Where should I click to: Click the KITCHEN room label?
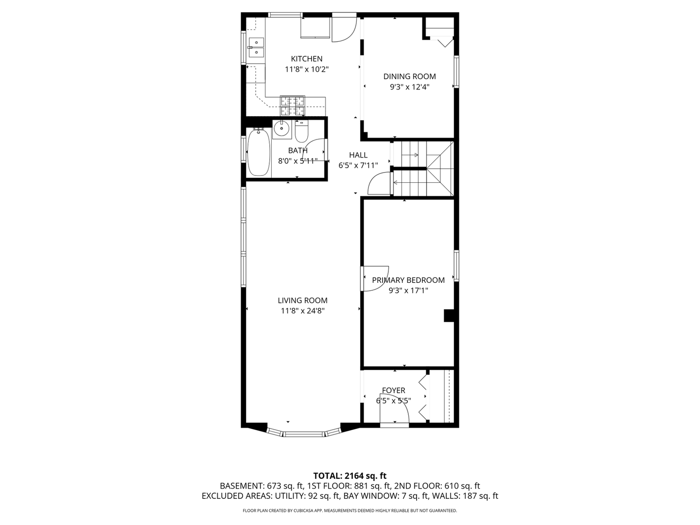pyautogui.click(x=306, y=59)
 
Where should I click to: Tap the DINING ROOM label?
pyautogui.click(x=409, y=76)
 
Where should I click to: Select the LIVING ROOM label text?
pyautogui.click(x=302, y=300)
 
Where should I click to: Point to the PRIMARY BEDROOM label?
pyautogui.click(x=408, y=280)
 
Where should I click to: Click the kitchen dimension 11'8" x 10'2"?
pyautogui.click(x=306, y=69)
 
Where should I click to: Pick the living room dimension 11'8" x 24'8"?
pyautogui.click(x=302, y=311)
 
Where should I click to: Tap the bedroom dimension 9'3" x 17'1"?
pyautogui.click(x=408, y=290)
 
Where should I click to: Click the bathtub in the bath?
pyautogui.click(x=259, y=152)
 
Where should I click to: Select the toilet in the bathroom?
pyautogui.click(x=301, y=131)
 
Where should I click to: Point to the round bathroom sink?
pyautogui.click(x=281, y=129)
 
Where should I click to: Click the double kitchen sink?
pyautogui.click(x=256, y=47)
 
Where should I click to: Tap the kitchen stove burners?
pyautogui.click(x=293, y=105)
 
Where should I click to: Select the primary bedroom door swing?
pyautogui.click(x=375, y=278)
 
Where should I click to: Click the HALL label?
pyautogui.click(x=358, y=155)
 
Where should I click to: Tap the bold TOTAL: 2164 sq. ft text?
pyautogui.click(x=350, y=476)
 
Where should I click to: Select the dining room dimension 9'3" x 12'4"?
pyautogui.click(x=409, y=87)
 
